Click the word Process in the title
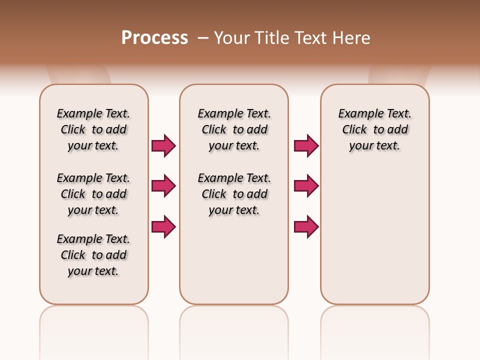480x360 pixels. [x=154, y=38]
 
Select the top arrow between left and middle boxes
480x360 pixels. [x=163, y=145]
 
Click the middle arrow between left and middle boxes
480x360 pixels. [x=163, y=186]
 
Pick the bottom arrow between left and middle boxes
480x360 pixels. [x=163, y=226]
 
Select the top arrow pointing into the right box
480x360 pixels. [x=306, y=145]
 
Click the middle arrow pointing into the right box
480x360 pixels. [x=306, y=186]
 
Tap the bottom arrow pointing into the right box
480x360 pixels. [x=306, y=226]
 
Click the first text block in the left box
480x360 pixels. [x=93, y=129]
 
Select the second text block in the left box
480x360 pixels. [x=93, y=194]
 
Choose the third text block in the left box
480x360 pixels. [x=93, y=255]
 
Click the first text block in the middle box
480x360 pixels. [x=234, y=129]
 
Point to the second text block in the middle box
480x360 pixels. [x=234, y=194]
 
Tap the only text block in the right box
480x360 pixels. [x=375, y=129]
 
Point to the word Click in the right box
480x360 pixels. [x=354, y=130]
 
